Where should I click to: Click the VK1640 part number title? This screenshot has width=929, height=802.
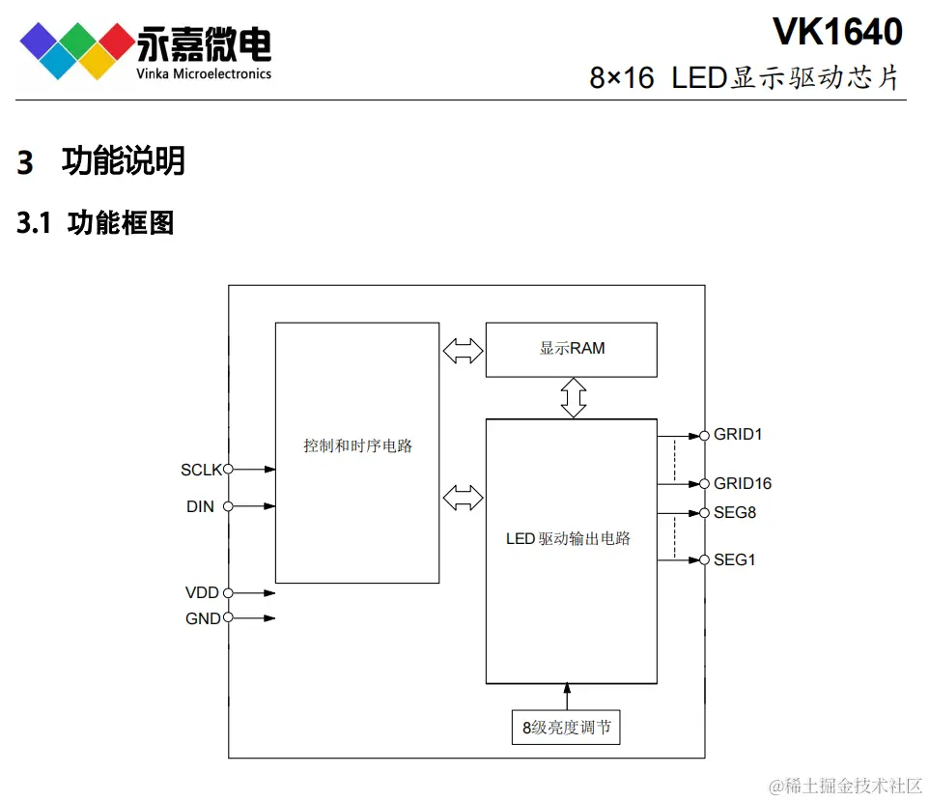[x=837, y=33]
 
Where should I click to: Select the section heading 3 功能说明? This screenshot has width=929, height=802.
[x=101, y=161]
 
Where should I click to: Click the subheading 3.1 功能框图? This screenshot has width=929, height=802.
[x=96, y=223]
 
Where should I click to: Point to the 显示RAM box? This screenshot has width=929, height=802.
[x=571, y=349]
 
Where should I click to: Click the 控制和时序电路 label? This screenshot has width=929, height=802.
[x=357, y=446]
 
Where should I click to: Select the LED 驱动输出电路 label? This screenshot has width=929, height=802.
[x=568, y=538]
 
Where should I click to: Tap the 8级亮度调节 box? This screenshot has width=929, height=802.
[x=566, y=728]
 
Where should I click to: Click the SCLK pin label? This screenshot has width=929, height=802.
[x=201, y=471]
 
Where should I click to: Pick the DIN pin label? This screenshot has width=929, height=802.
[x=200, y=506]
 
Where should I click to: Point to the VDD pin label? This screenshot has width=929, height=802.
[x=202, y=593]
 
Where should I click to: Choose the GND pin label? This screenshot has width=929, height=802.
[x=203, y=618]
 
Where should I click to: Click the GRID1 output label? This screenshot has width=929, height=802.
[x=738, y=435]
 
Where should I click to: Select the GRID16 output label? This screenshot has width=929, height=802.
[x=743, y=484]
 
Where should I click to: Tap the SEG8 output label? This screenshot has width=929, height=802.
[x=735, y=513]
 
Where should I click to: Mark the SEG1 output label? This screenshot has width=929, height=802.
[x=735, y=560]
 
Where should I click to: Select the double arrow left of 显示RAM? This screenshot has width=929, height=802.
[x=463, y=350]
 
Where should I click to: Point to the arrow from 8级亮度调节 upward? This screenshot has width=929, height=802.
[x=567, y=696]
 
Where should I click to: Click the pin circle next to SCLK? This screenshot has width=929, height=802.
[x=229, y=470]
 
